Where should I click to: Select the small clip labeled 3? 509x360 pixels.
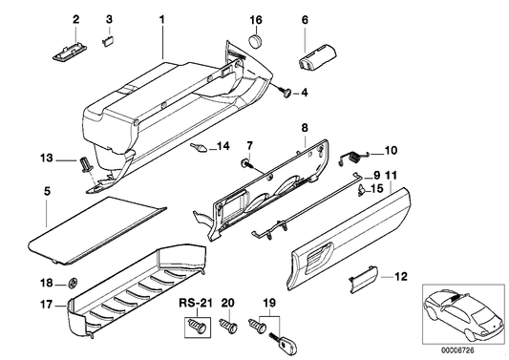point(109,39)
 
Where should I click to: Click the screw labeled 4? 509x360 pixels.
point(286,93)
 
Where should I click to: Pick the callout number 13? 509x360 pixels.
point(45,157)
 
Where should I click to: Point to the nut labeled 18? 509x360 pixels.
point(72,283)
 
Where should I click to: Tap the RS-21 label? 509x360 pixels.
point(194,303)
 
